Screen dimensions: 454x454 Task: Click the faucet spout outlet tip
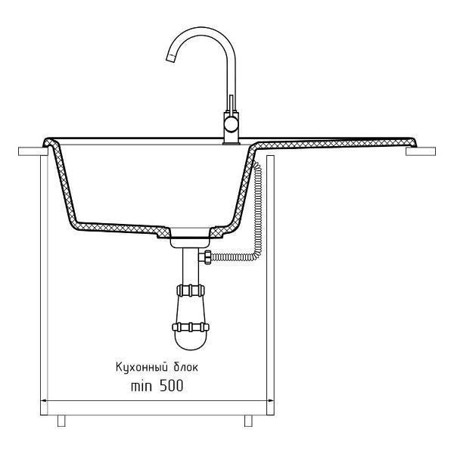pyautogui.click(x=171, y=58)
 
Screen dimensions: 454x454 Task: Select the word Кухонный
pyautogui.click(x=142, y=367)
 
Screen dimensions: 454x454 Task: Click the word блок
pyautogui.click(x=186, y=367)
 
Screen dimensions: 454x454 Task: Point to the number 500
pyautogui.click(x=172, y=386)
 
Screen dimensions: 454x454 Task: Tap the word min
pyautogui.click(x=141, y=386)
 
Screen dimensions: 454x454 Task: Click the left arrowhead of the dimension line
pyautogui.click(x=43, y=401)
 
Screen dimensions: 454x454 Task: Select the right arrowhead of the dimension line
pyautogui.click(x=270, y=401)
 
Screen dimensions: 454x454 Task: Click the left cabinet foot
pyautogui.click(x=61, y=421)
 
